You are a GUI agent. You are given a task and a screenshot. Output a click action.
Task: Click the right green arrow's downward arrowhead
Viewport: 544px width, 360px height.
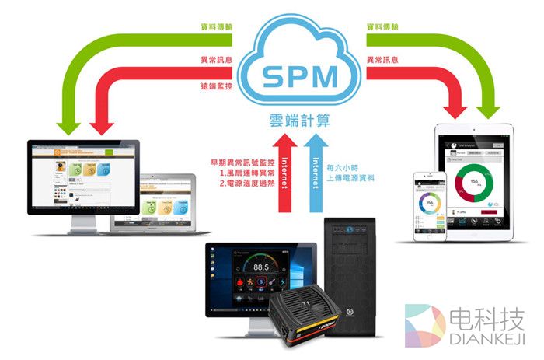click(x=488, y=110)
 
